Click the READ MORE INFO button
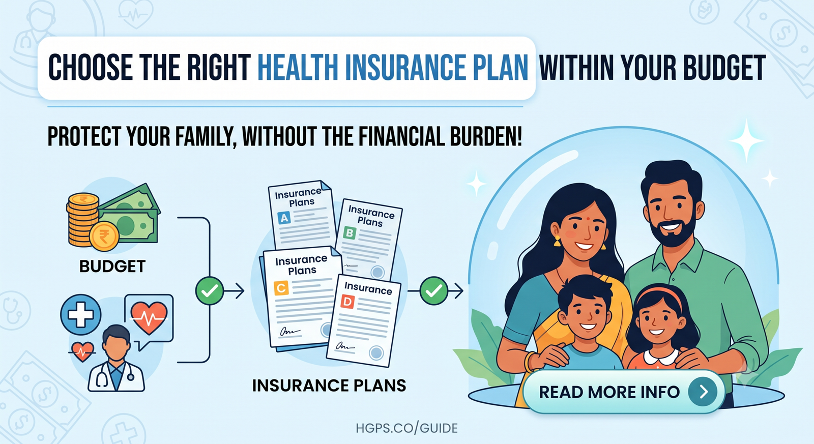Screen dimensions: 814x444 [x=624, y=392]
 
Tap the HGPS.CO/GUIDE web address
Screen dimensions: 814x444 [x=406, y=428]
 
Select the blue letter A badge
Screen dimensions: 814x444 [x=284, y=218]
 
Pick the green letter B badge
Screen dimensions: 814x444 [x=350, y=233]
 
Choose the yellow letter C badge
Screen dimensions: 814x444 [x=281, y=288]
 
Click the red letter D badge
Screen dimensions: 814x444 [x=347, y=302]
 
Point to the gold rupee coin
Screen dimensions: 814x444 [x=104, y=236]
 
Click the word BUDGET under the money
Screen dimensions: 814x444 [x=112, y=267]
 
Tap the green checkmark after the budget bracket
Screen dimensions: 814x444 [x=210, y=291]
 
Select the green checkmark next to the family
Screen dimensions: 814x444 [x=434, y=291]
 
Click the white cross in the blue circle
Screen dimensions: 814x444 [x=81, y=314]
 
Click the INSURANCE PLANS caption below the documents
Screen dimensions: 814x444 [x=329, y=386]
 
